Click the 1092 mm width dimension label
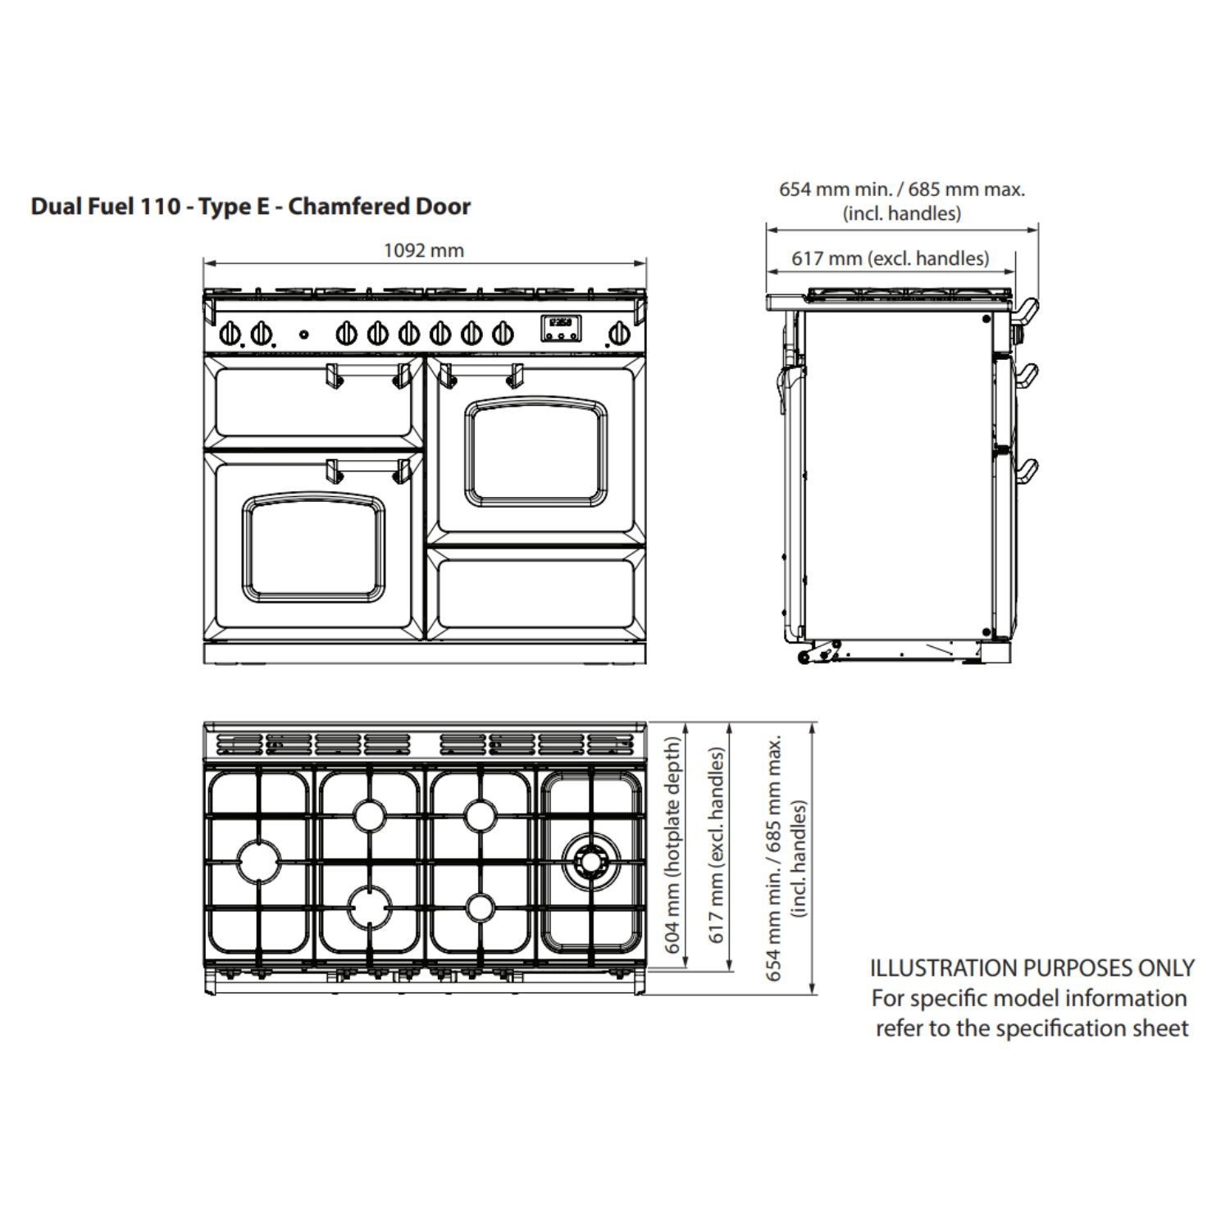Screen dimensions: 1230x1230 point(423,250)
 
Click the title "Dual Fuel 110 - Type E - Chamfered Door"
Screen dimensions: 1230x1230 point(251,206)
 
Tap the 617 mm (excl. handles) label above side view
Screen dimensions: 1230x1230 point(890,258)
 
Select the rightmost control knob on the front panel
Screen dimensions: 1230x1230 point(618,334)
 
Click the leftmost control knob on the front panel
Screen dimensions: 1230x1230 point(230,334)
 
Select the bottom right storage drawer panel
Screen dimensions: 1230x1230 point(536,593)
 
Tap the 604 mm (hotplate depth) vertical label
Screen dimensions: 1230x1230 point(672,845)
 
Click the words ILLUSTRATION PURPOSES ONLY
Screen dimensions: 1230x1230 point(1032,968)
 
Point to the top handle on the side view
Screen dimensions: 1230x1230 point(1027,309)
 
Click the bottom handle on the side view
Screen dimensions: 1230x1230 point(1027,471)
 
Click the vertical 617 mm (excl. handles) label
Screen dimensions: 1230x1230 point(717,845)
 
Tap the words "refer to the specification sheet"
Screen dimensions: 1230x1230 point(1032,1028)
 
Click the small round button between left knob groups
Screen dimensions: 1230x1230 point(303,334)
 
